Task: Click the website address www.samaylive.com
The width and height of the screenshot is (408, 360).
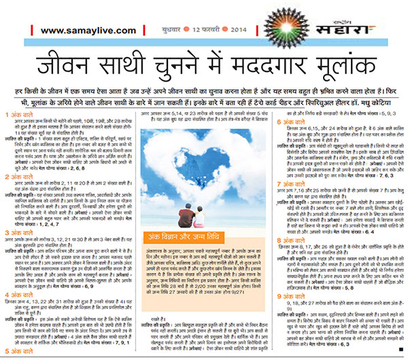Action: [78, 31]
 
